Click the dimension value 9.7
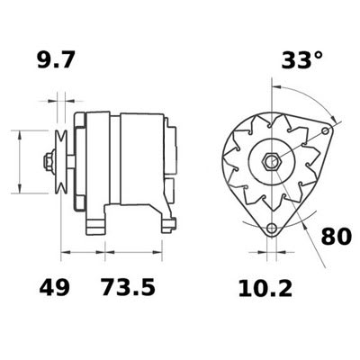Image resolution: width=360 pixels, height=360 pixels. pyautogui.click(x=55, y=61)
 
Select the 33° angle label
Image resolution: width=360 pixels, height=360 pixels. pyautogui.click(x=301, y=60)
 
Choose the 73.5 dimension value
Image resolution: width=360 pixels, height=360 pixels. pyautogui.click(x=126, y=289)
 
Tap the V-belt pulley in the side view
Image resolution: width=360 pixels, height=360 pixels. pyautogui.click(x=62, y=162)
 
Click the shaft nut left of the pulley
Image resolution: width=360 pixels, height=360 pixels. pyautogui.click(x=46, y=163)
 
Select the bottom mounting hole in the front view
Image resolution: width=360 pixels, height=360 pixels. pyautogui.click(x=271, y=229)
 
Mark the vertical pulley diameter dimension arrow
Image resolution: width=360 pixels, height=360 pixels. pyautogui.click(x=18, y=162)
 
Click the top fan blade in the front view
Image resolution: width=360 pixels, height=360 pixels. pyautogui.click(x=269, y=121)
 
